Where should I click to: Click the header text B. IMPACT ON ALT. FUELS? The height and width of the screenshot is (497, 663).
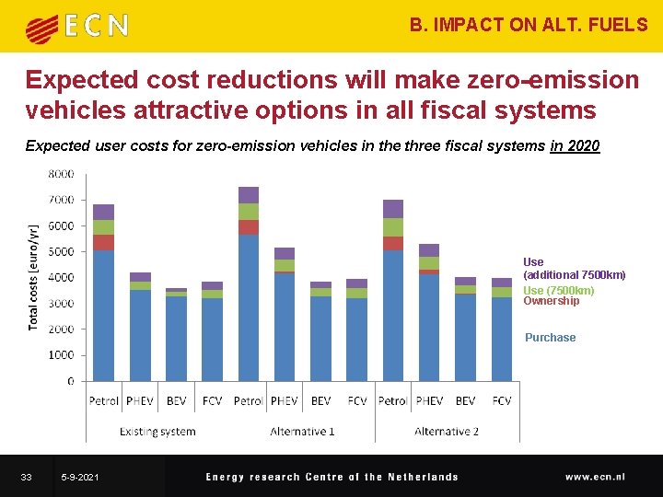[x=529, y=25]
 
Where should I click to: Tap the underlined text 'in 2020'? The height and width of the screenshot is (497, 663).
[x=575, y=145]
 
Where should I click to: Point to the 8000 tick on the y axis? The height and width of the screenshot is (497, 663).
[x=61, y=173]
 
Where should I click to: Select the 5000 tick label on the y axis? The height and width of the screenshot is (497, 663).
[x=61, y=251]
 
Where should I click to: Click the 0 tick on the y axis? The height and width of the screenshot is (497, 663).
[x=70, y=380]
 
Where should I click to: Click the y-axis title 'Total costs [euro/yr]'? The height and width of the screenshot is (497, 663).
[x=34, y=276]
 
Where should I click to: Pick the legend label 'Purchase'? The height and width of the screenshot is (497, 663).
[x=550, y=338]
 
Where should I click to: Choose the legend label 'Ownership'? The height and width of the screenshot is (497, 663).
[x=551, y=301]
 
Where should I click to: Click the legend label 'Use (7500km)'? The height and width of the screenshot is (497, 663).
[x=558, y=291]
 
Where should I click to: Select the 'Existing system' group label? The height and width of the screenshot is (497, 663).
[x=157, y=431]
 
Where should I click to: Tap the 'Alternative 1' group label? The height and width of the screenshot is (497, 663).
[x=302, y=431]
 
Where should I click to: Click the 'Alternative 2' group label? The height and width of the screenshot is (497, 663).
[x=447, y=431]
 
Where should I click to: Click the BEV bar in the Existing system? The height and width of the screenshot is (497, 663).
[x=176, y=336]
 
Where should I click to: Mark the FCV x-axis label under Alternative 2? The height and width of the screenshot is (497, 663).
[x=502, y=401]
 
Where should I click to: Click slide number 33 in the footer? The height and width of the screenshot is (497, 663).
[x=27, y=477]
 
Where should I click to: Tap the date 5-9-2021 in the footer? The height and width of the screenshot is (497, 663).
[x=80, y=477]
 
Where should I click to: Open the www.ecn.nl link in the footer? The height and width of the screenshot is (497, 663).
[x=595, y=477]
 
